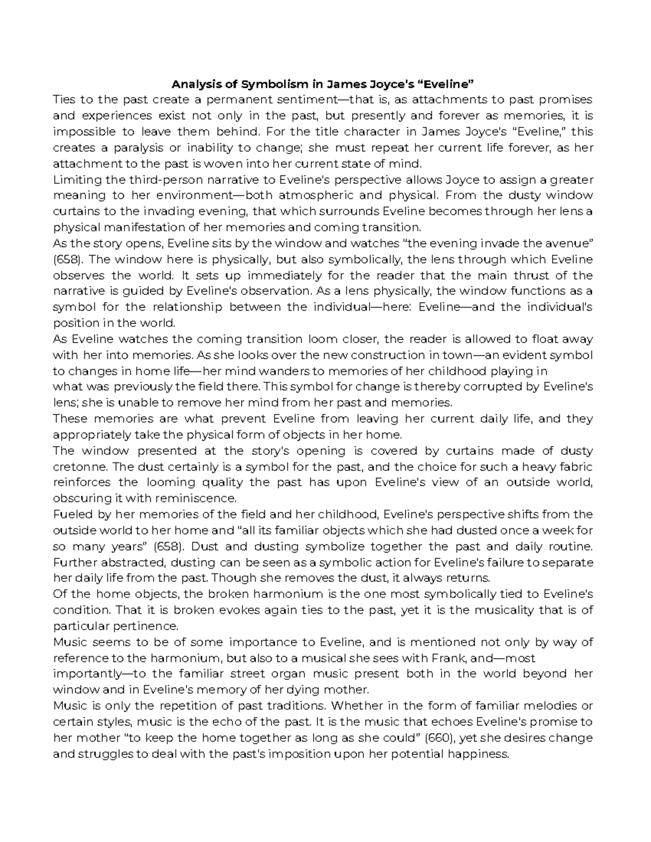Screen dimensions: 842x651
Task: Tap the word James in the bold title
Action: [342, 84]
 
